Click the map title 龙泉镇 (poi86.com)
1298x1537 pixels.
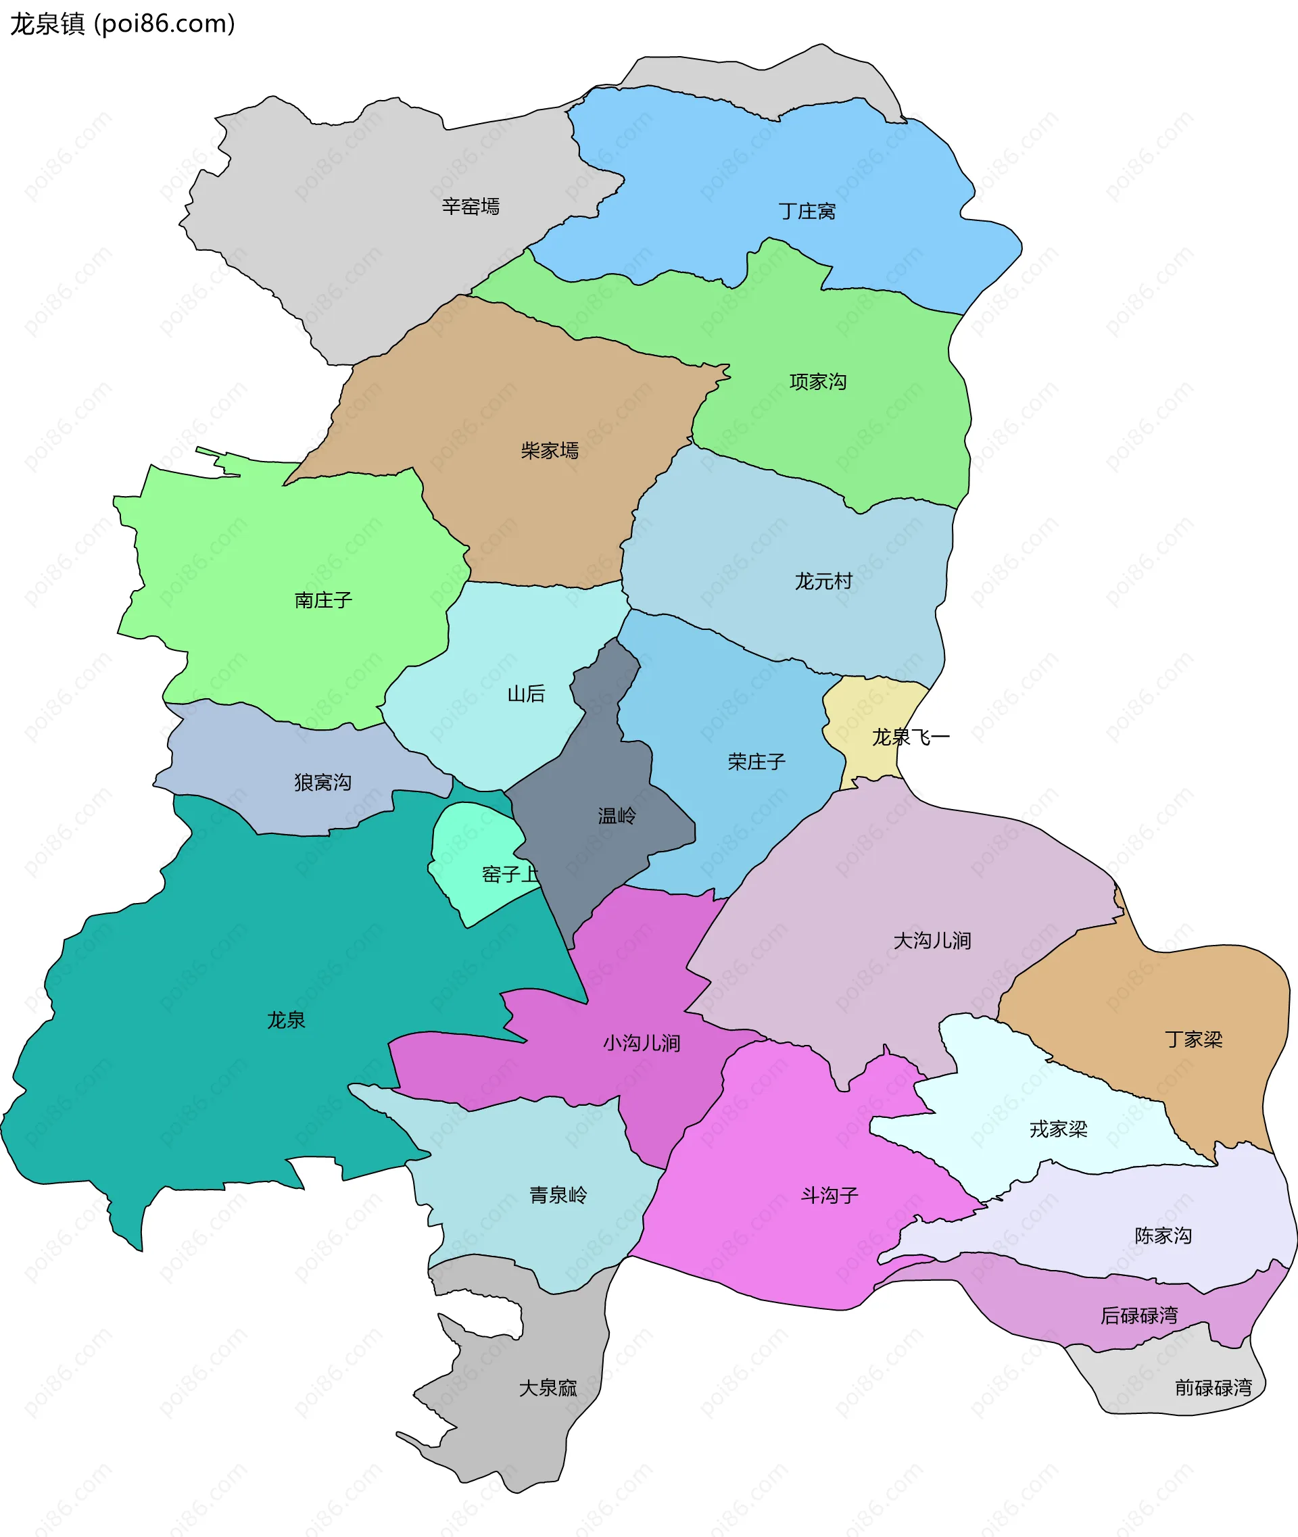(122, 24)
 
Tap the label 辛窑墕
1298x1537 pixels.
(471, 207)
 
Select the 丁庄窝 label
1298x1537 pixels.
(807, 212)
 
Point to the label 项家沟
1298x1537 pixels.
(817, 382)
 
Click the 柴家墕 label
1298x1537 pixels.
(550, 450)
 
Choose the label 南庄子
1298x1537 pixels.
(323, 600)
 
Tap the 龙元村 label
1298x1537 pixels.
(823, 581)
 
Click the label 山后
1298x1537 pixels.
(526, 694)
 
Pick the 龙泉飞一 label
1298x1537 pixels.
(911, 737)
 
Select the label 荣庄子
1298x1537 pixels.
(756, 762)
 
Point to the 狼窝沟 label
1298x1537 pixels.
(322, 782)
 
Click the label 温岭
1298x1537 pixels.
(617, 816)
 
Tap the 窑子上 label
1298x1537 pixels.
(510, 874)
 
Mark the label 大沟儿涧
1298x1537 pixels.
(932, 940)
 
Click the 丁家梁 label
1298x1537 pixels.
(1193, 1040)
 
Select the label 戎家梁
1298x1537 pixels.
(1058, 1129)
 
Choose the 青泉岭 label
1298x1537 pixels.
(558, 1195)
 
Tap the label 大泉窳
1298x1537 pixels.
(548, 1388)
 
